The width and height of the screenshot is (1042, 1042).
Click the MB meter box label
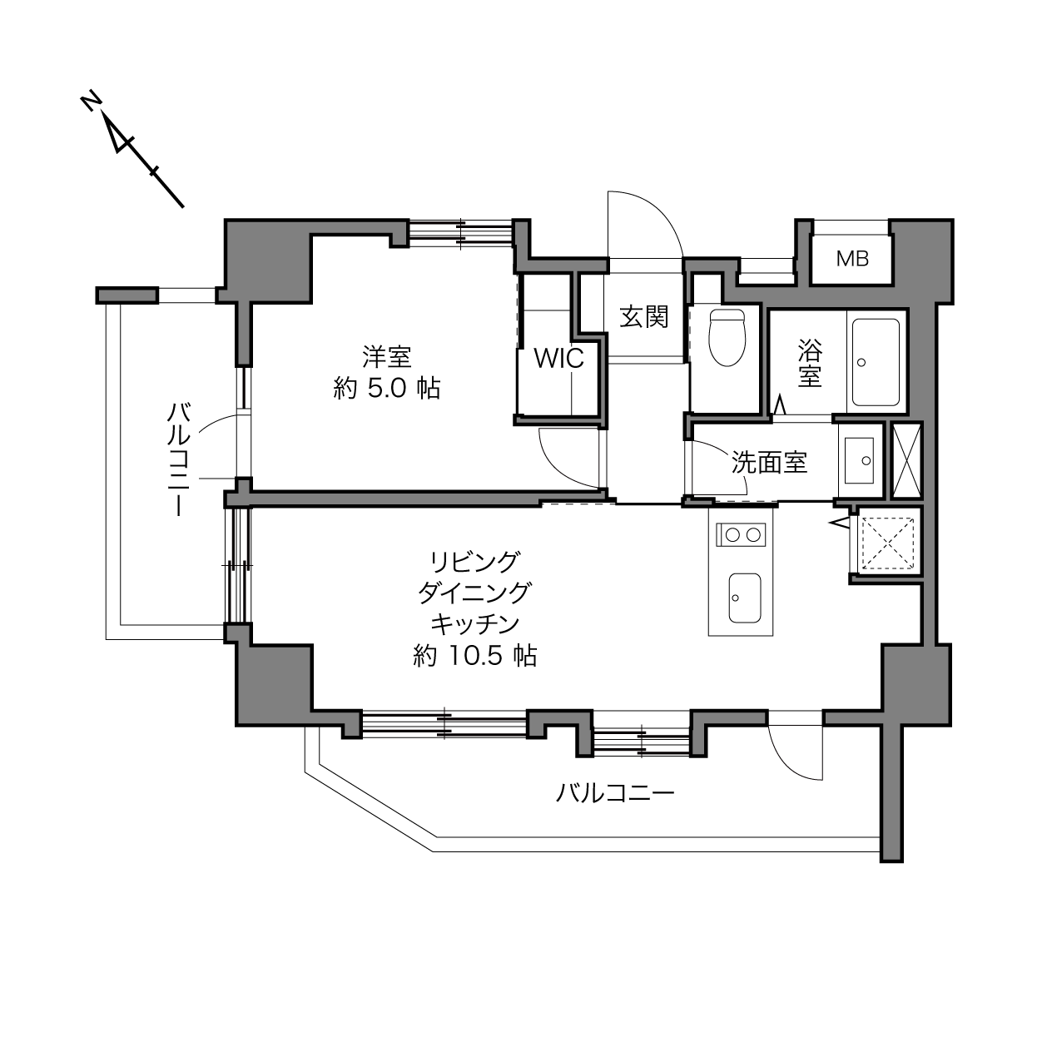pos(852,259)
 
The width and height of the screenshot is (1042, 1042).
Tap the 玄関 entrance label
pos(644,316)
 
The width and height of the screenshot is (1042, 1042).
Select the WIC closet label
pos(559,358)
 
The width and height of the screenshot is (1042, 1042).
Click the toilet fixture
pos(727,337)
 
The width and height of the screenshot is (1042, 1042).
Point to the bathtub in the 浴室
pos(876,362)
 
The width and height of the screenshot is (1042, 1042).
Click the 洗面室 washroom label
pos(769,463)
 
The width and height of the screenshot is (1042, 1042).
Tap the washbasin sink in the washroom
pos(859,460)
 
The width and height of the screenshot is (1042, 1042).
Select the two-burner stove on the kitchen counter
pos(741,535)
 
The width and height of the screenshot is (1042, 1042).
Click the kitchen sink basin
pos(745,598)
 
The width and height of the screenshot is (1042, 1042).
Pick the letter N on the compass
pos(92,102)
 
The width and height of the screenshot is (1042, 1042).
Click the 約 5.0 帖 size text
pos(387,388)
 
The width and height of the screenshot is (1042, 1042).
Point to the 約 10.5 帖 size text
pos(474,656)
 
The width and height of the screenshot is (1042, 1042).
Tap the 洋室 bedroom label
pos(387,357)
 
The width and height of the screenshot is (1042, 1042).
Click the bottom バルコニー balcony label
pos(615,793)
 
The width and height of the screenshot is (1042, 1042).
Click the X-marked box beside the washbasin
pos(906,461)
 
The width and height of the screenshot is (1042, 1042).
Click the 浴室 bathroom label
pos(810,363)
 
